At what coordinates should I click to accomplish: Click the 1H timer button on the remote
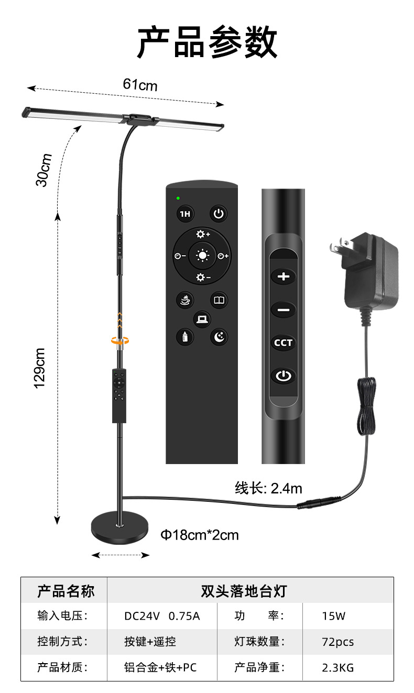pyautogui.click(x=184, y=214)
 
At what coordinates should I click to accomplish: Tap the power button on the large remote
pyautogui.click(x=219, y=214)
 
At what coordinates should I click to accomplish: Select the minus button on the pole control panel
pyautogui.click(x=284, y=310)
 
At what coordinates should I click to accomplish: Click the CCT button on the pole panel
pyautogui.click(x=284, y=343)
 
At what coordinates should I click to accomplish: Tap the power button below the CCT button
pyautogui.click(x=284, y=376)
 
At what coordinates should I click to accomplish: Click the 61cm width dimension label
pyautogui.click(x=140, y=84)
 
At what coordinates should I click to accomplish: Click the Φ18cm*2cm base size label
pyautogui.click(x=199, y=535)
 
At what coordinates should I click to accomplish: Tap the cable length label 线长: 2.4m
pyautogui.click(x=268, y=489)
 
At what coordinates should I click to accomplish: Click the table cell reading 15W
pyautogui.click(x=334, y=616)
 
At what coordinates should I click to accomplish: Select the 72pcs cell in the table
pyautogui.click(x=337, y=642)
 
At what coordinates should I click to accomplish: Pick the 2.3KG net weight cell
pyautogui.click(x=337, y=667)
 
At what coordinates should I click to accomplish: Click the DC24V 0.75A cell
pyautogui.click(x=162, y=616)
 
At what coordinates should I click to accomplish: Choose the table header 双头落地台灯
pyautogui.click(x=244, y=591)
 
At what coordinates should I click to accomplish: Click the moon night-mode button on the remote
pyautogui.click(x=219, y=337)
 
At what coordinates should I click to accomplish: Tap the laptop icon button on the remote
pyautogui.click(x=202, y=318)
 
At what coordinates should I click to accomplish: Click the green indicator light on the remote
pyautogui.click(x=178, y=198)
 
